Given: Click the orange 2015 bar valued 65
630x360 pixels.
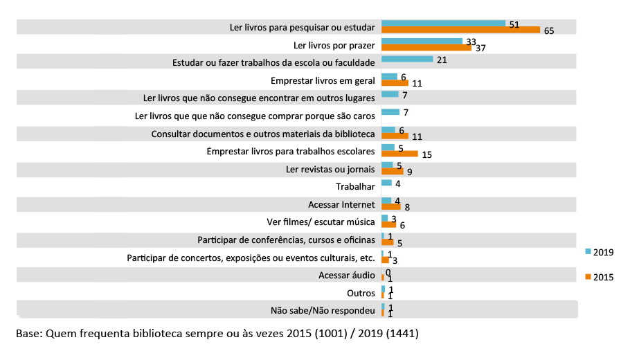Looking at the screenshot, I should (460, 30).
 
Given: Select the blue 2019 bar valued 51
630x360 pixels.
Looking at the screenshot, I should (443, 24).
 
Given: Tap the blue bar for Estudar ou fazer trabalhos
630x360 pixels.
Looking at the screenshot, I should (407, 60).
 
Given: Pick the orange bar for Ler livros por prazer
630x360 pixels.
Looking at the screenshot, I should (426, 48).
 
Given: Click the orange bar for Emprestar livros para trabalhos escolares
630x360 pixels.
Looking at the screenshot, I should (399, 154).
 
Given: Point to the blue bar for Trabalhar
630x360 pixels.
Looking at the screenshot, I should (386, 183).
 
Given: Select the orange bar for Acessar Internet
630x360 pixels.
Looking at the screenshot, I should (391, 207).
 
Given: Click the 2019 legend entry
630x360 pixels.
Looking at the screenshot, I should (600, 252).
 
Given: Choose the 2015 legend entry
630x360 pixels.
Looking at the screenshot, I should (600, 277).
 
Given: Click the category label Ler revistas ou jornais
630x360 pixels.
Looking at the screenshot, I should (330, 169).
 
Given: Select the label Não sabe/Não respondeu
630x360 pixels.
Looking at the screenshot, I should (323, 310).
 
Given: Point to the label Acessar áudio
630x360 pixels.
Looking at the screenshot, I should (344, 275).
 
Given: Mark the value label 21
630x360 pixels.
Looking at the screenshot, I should (442, 60).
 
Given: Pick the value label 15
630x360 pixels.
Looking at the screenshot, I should (426, 154).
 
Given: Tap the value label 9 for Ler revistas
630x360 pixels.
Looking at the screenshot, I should (410, 171).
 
